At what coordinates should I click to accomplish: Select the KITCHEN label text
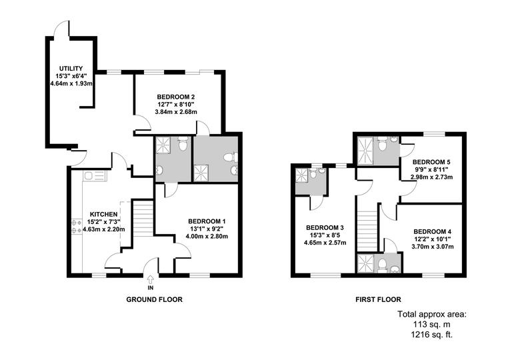tap(103, 215)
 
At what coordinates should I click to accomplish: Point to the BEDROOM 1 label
tap(207, 221)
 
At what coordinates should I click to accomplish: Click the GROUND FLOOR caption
tap(154, 299)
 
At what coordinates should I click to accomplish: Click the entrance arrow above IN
tap(151, 278)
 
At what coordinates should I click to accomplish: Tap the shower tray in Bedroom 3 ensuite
tap(303, 175)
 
